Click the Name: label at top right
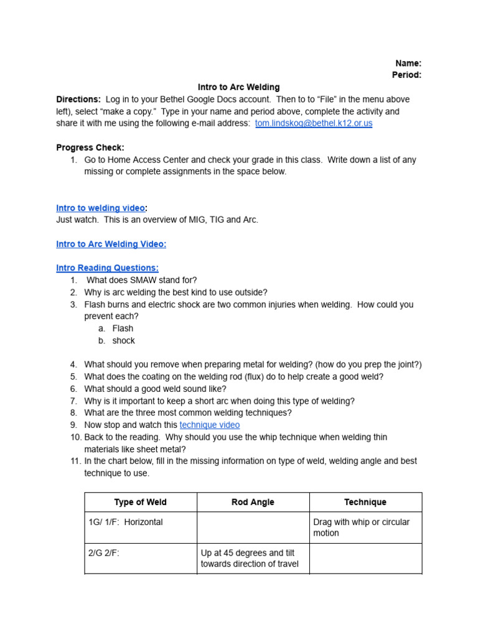[x=408, y=63]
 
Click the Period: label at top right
[x=406, y=75]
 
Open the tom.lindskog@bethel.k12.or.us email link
[x=314, y=123]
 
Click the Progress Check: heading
[x=90, y=147]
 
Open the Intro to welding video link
[x=100, y=208]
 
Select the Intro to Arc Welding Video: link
[x=111, y=244]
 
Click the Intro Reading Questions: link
[x=107, y=268]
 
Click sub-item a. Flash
[x=123, y=328]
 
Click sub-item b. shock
[x=123, y=341]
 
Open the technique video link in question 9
[x=210, y=425]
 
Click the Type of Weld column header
[x=141, y=502]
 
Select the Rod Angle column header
[x=253, y=502]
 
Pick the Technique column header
[x=365, y=502]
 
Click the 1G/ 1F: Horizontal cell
[x=126, y=522]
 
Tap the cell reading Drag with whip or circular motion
[x=362, y=528]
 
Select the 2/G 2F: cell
[x=104, y=552]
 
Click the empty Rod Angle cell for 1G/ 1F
[x=253, y=528]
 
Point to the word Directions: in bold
[x=78, y=100]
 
